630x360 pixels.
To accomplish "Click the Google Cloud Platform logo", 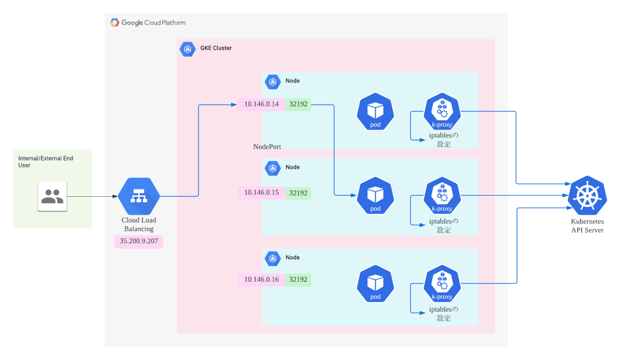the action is (x=114, y=23).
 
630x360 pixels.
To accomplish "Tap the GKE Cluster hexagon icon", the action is (x=187, y=49).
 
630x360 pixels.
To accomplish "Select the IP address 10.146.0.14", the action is (x=261, y=104).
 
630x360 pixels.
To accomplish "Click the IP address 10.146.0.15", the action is (x=261, y=193).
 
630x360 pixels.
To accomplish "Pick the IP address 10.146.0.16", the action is (x=261, y=280).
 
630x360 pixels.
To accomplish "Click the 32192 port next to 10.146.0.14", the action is (x=298, y=104).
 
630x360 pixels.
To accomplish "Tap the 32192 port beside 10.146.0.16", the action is (x=298, y=280).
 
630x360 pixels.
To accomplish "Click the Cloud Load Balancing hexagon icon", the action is (x=139, y=196).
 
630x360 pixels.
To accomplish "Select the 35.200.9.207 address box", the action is (x=139, y=241).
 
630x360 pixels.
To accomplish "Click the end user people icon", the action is (x=52, y=196).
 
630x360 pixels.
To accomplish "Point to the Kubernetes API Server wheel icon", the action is (x=587, y=196).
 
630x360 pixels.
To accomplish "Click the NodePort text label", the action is (x=267, y=147).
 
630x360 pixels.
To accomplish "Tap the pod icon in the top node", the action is (x=375, y=112).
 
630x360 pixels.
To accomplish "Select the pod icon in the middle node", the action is (x=375, y=196).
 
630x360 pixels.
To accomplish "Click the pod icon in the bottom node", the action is (x=375, y=283).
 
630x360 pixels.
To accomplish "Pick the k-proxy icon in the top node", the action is (x=442, y=112).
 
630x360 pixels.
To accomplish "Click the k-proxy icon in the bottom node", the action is (x=442, y=283).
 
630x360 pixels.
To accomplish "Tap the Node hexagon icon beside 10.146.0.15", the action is (x=272, y=168).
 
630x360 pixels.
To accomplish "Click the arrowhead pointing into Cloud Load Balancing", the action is (x=115, y=196).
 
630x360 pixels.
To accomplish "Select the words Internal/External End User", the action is (x=46, y=162).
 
